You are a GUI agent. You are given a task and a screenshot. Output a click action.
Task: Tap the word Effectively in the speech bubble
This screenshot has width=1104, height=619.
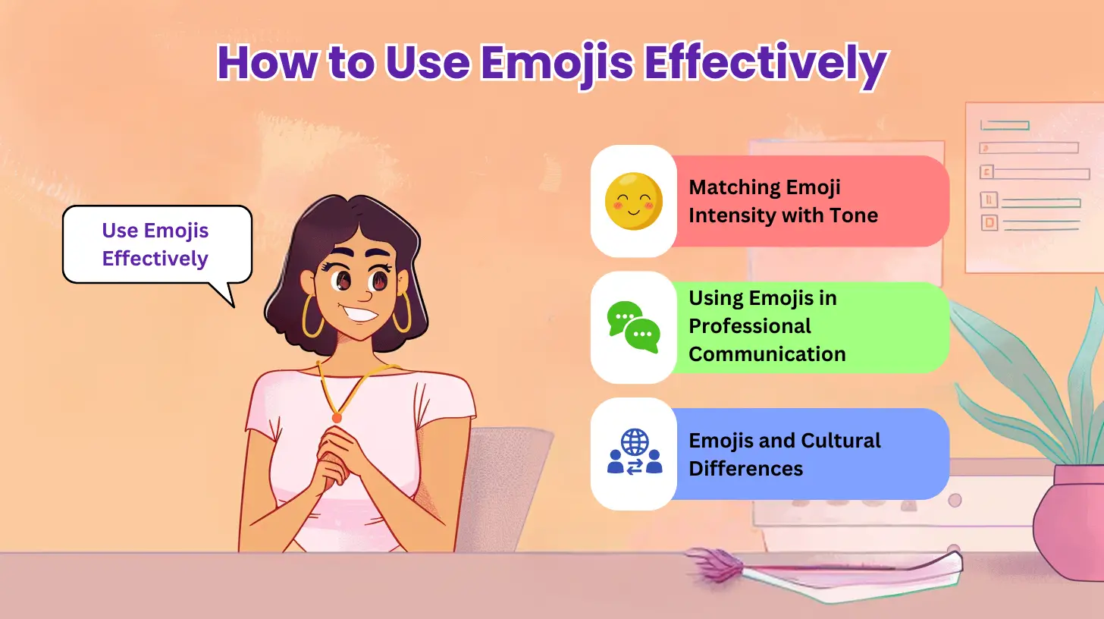pos(155,258)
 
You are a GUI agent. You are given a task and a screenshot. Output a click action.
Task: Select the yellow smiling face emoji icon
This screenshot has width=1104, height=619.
pos(634,201)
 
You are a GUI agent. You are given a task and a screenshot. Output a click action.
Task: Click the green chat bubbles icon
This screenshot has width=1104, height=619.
pos(634,327)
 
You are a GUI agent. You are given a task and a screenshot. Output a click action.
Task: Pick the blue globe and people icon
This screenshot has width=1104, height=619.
pos(634,453)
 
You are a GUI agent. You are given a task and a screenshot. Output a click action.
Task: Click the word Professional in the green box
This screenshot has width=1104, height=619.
pos(750,326)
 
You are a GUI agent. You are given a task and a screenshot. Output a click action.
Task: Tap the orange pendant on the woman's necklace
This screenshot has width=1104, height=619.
pos(337,416)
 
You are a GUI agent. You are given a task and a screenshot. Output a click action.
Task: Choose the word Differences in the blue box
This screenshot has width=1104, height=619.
pos(745,469)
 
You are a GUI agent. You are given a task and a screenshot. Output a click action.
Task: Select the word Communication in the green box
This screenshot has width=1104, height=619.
pos(767,353)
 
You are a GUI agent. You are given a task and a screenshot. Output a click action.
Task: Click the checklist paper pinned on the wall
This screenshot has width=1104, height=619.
pos(1033,187)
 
